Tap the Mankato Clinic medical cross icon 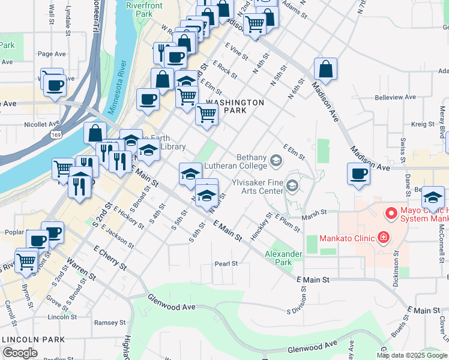tap(383, 239)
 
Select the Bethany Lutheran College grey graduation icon tap(276, 160)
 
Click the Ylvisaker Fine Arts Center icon tap(292, 185)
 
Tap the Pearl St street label tap(226, 263)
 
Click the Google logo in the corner tap(20, 353)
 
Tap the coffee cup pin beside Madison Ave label tap(358, 174)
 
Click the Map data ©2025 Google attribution tap(412, 355)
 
